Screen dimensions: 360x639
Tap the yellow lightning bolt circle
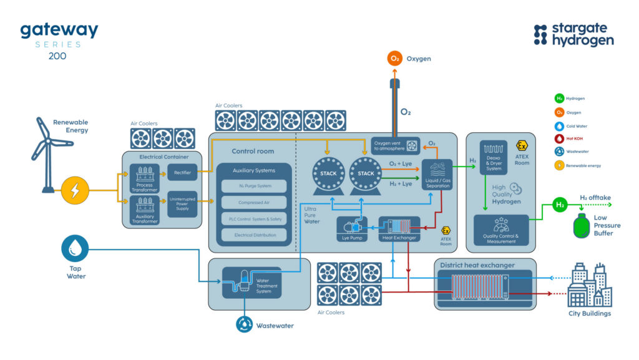[x=74, y=190]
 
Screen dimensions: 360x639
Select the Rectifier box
[x=183, y=173]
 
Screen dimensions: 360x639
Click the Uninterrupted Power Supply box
[x=183, y=204]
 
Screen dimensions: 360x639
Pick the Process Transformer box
[x=145, y=178]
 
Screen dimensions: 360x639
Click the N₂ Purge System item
[x=253, y=186]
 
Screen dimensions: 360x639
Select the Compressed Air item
[x=253, y=202]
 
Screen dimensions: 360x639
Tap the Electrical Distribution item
[x=253, y=235]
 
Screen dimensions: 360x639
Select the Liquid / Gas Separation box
[x=437, y=175]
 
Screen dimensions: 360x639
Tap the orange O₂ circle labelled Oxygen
[x=394, y=59]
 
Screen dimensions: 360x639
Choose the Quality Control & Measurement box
[x=501, y=230]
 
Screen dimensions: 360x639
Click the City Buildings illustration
[x=589, y=285]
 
